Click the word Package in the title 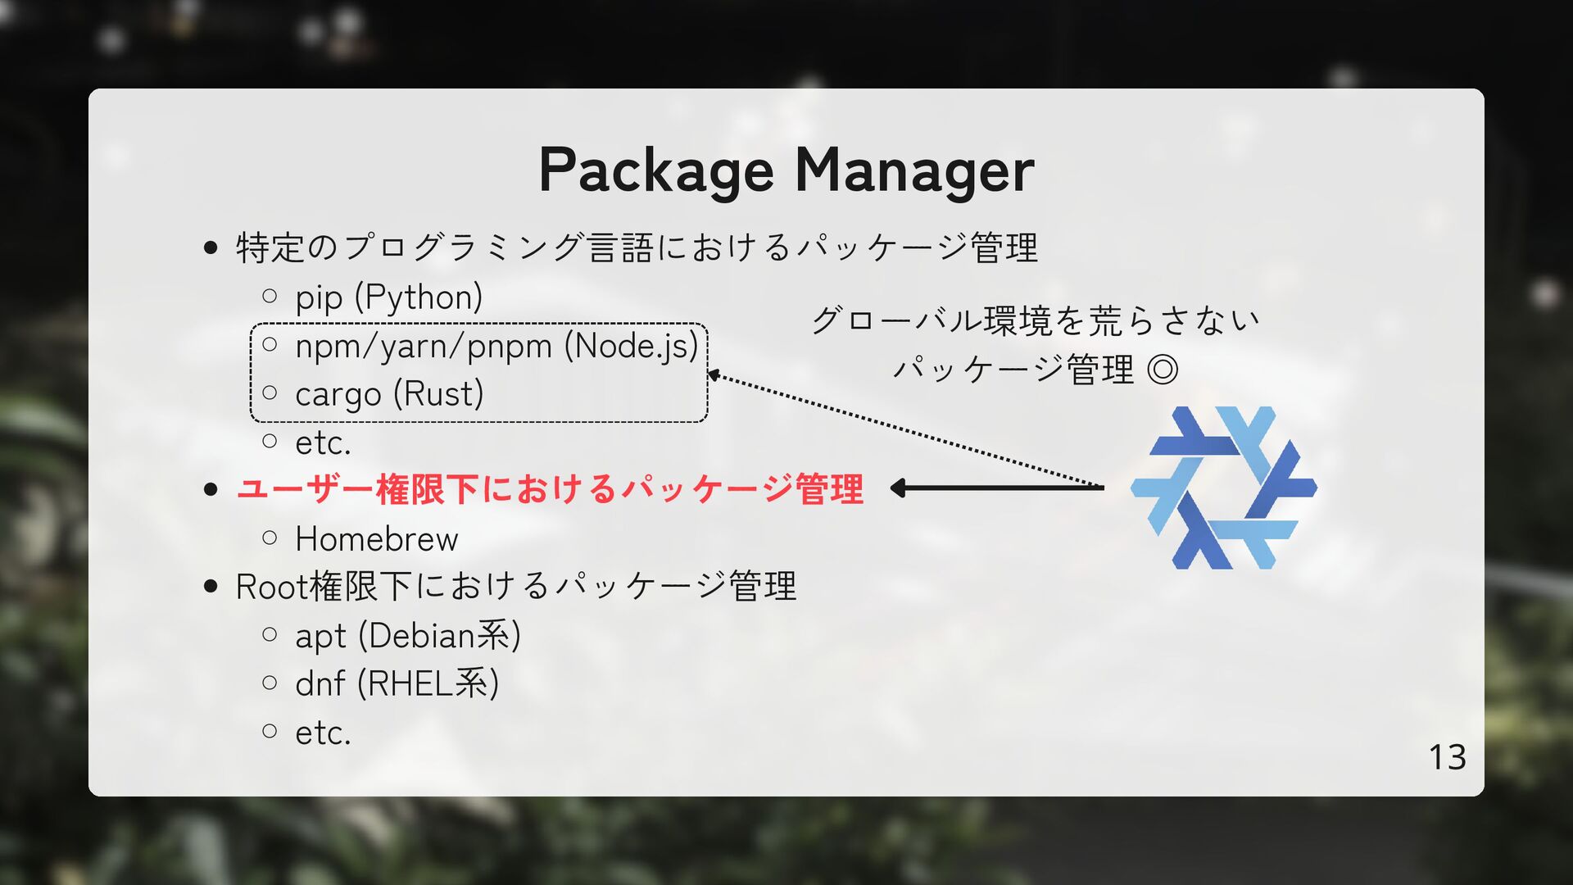(x=655, y=170)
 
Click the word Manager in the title (x=914, y=170)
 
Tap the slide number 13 (x=1447, y=757)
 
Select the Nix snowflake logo (x=1224, y=488)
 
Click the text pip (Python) (x=388, y=297)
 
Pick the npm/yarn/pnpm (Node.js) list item (x=496, y=346)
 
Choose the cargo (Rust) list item (x=389, y=394)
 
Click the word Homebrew (x=376, y=539)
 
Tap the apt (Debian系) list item (x=407, y=636)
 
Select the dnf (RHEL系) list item (x=397, y=683)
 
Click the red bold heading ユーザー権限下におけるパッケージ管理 (x=549, y=489)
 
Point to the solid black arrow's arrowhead (x=898, y=488)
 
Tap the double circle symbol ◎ (x=1162, y=370)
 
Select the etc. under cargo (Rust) (x=323, y=443)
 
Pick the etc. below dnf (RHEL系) (x=323, y=733)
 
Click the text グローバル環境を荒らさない (x=1036, y=320)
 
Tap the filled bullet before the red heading (x=211, y=490)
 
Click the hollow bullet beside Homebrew (x=270, y=538)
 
